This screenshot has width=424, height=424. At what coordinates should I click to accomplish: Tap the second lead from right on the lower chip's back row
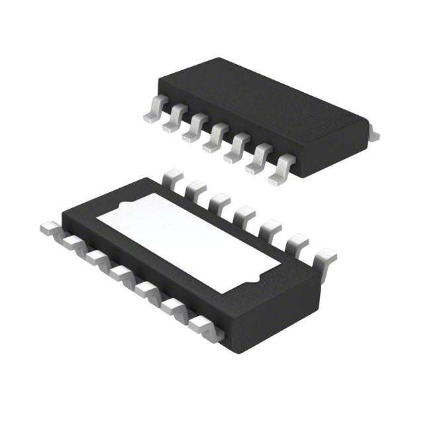[x=294, y=242]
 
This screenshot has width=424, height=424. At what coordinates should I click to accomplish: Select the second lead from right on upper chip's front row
[x=257, y=160]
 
